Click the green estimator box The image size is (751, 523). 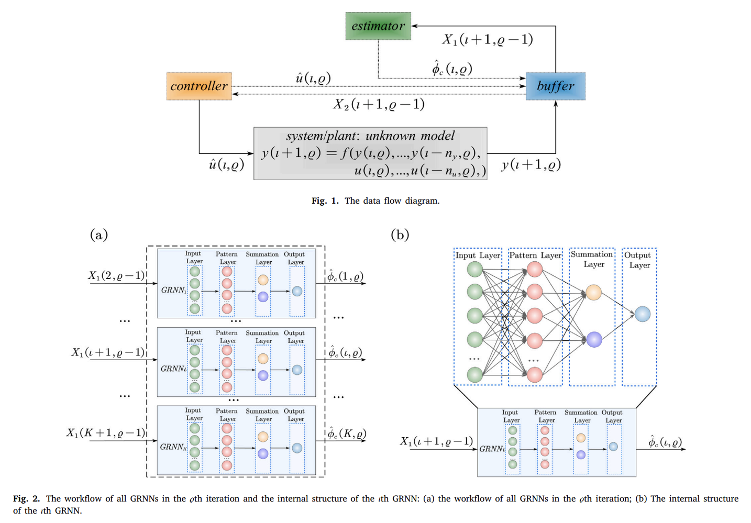click(378, 26)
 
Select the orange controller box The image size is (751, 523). click(199, 86)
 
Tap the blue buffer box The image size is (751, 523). click(556, 86)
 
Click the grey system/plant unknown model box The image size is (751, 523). click(370, 153)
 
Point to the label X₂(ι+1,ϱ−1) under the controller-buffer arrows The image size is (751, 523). click(379, 104)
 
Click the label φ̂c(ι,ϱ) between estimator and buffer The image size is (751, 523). click(452, 68)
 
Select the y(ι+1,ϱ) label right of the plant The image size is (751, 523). click(531, 165)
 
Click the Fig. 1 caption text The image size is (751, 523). click(375, 201)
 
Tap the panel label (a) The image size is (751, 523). click(99, 235)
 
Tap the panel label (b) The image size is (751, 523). click(400, 235)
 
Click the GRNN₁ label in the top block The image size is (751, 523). click(173, 290)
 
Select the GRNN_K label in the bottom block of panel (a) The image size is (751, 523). click(173, 447)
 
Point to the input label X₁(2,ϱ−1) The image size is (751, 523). click(116, 275)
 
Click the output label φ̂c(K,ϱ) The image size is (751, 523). click(347, 433)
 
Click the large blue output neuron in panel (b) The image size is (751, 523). click(643, 314)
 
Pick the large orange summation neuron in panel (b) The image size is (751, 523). click(593, 292)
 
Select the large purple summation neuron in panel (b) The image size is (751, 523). click(594, 339)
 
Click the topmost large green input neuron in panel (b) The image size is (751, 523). click(474, 269)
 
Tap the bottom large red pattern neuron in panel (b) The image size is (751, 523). click(534, 374)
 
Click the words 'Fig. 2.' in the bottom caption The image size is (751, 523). click(27, 498)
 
